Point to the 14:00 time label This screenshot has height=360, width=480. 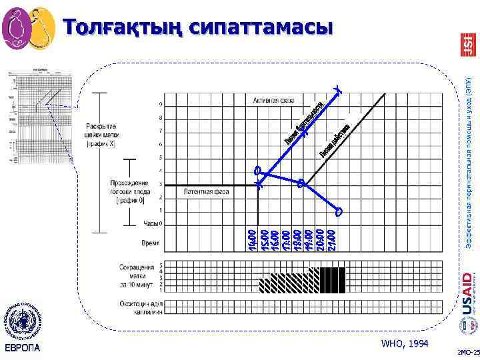click(251, 239)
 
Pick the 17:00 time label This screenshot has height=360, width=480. click(286, 239)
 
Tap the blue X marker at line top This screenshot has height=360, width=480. click(339, 89)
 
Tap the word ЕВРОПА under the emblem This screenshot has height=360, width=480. click(22, 348)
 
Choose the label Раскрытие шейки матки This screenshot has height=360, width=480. click(101, 135)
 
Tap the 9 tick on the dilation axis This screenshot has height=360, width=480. click(159, 105)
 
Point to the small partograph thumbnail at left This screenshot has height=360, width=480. click(41, 117)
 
